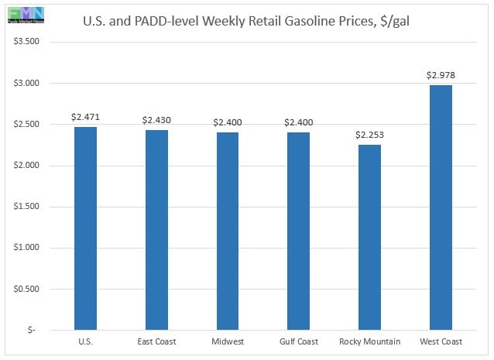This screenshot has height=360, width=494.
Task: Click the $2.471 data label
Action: (85, 117)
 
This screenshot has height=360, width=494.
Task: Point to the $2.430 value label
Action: (156, 120)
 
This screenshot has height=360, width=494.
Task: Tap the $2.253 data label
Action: (369, 135)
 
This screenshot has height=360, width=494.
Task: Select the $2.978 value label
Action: (440, 75)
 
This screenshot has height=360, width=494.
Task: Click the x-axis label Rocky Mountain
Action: (369, 342)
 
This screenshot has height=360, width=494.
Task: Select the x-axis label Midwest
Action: (228, 342)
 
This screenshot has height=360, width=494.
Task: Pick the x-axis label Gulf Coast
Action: (299, 342)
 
